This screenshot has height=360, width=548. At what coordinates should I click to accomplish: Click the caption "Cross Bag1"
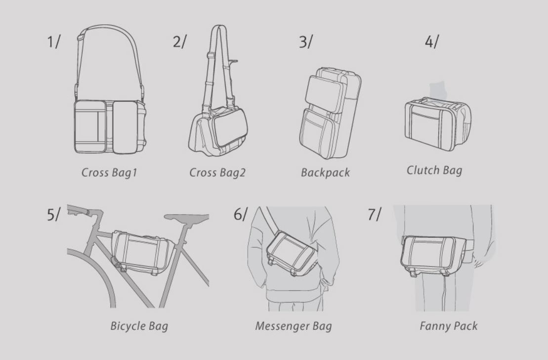coord(109,173)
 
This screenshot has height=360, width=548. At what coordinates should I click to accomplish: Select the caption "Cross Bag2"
coord(217,173)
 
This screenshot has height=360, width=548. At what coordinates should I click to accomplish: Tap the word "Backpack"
coord(325,173)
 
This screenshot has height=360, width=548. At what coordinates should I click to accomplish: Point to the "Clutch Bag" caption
coord(434,171)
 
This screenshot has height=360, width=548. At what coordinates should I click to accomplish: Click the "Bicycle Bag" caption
coord(139,326)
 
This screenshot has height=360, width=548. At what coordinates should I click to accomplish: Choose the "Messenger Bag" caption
coord(293,326)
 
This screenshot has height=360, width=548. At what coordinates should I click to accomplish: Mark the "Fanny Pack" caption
coord(448,326)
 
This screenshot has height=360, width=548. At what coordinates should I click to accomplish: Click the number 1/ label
coord(53,42)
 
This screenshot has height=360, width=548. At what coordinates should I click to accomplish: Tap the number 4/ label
coord(431,42)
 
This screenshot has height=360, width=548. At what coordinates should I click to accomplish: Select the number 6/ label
coord(241,214)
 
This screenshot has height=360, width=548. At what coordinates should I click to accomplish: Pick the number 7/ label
coord(374,214)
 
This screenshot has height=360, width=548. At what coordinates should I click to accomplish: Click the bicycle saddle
coord(186,218)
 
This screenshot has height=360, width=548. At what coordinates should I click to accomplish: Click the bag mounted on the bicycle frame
coord(143,252)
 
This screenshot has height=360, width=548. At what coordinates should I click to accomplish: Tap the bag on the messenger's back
coord(292,253)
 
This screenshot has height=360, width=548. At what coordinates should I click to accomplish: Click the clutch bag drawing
coord(438,124)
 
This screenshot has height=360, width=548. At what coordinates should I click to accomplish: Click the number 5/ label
coord(53,214)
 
